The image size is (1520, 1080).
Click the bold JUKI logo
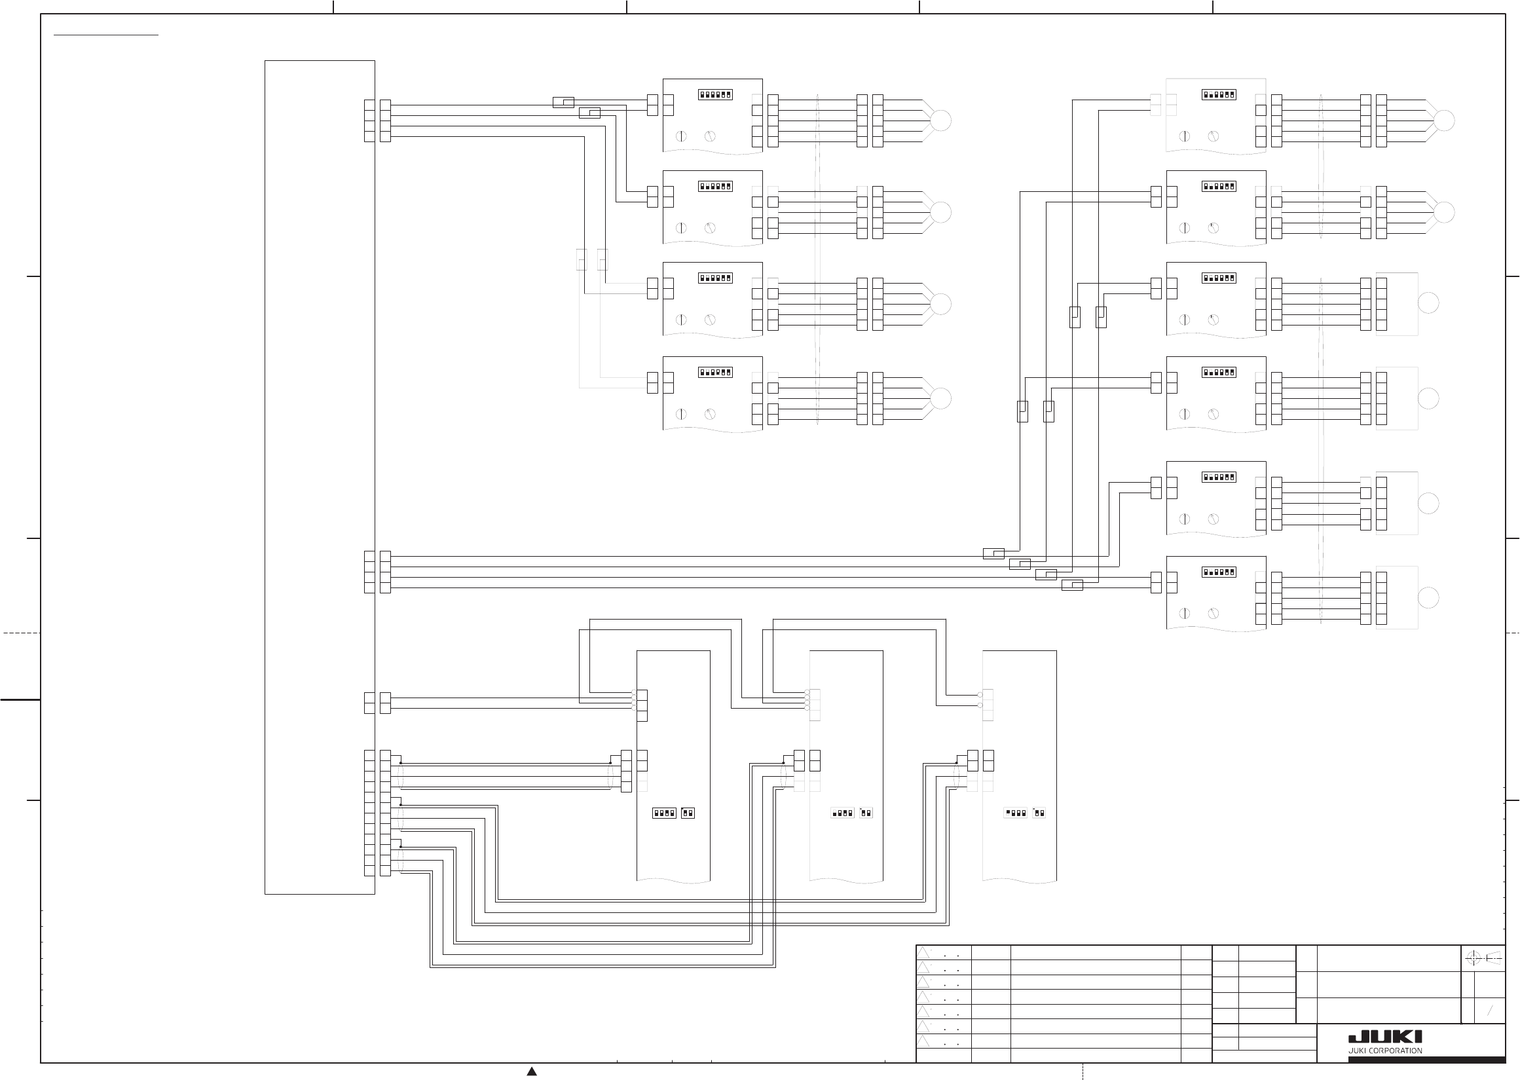(x=1385, y=1037)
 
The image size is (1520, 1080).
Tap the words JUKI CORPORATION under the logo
(x=1385, y=1051)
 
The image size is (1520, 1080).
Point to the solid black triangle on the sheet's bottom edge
(x=532, y=1071)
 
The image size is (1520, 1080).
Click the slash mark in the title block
(x=1490, y=1011)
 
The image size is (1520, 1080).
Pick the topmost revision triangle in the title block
(x=923, y=953)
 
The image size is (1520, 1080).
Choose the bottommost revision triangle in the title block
(x=923, y=1041)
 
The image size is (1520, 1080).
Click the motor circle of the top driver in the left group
(x=941, y=121)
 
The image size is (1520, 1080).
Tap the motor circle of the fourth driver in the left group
(x=941, y=398)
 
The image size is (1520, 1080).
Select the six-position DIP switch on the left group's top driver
(x=715, y=94)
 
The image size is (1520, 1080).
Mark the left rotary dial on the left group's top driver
(x=681, y=136)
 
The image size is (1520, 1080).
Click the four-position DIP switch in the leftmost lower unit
(x=664, y=813)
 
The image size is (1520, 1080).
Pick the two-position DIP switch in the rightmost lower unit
(x=1039, y=813)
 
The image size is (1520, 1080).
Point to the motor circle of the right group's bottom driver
(x=1428, y=597)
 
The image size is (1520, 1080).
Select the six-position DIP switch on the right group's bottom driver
(x=1219, y=572)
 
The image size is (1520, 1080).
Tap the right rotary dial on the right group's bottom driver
(x=1214, y=613)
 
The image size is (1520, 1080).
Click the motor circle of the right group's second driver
(x=1444, y=212)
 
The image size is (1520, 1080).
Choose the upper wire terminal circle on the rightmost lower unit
(x=980, y=694)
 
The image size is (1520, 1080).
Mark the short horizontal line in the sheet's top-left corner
(x=106, y=34)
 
